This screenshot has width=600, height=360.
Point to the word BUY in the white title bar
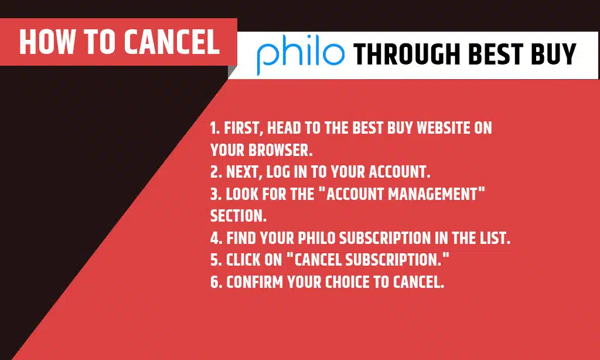(554, 55)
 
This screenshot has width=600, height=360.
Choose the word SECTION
(238, 216)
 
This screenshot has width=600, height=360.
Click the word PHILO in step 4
(316, 239)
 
